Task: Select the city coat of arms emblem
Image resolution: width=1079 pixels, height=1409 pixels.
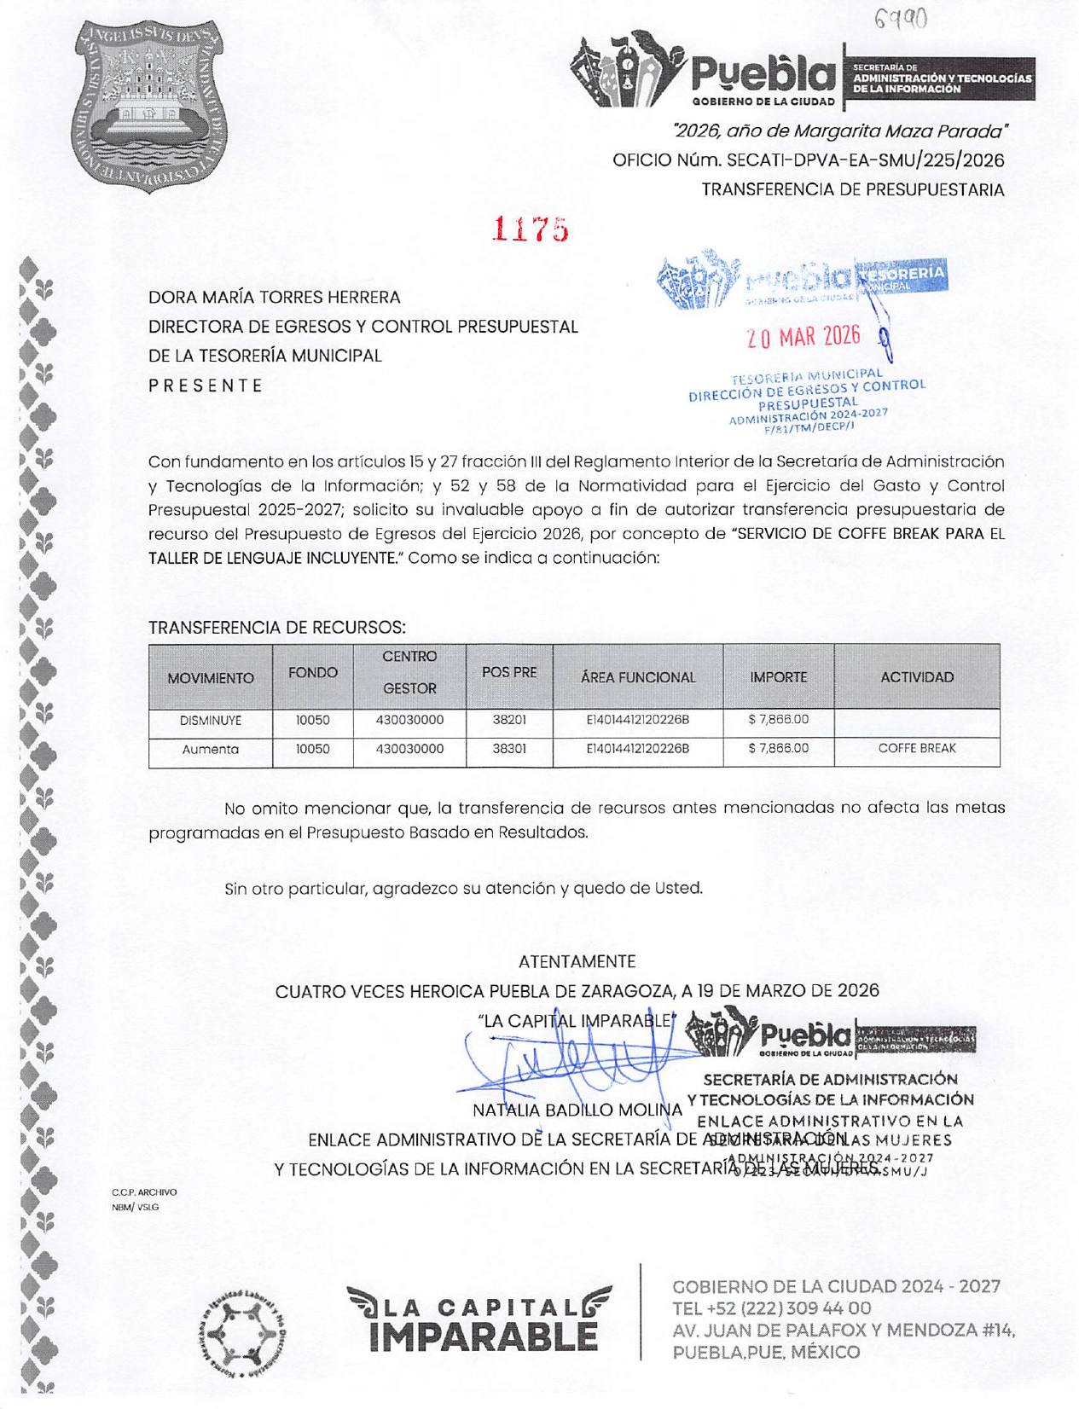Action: pyautogui.click(x=150, y=106)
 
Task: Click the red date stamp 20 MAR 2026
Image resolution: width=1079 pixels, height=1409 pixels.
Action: pyautogui.click(x=803, y=336)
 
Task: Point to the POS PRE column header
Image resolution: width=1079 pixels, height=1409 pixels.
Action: pyautogui.click(x=509, y=672)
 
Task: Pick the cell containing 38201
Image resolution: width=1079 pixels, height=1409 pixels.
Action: pyautogui.click(x=509, y=720)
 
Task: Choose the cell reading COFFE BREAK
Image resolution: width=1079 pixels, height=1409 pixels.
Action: pyautogui.click(x=917, y=749)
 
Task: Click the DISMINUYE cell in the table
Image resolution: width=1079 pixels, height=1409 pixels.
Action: pyautogui.click(x=211, y=721)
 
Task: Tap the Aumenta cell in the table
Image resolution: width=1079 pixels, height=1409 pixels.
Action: pyautogui.click(x=211, y=750)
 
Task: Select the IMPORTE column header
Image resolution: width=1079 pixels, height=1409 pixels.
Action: pyautogui.click(x=778, y=677)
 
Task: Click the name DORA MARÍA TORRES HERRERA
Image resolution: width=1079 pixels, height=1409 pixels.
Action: pyautogui.click(x=275, y=298)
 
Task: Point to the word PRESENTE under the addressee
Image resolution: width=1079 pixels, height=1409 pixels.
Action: pyautogui.click(x=206, y=386)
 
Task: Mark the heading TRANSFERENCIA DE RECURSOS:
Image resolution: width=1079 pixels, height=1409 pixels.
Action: pyautogui.click(x=277, y=628)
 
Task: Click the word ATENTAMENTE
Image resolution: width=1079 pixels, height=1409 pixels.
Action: pyautogui.click(x=577, y=962)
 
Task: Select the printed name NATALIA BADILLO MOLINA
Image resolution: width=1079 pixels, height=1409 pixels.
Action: pyautogui.click(x=577, y=1111)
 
